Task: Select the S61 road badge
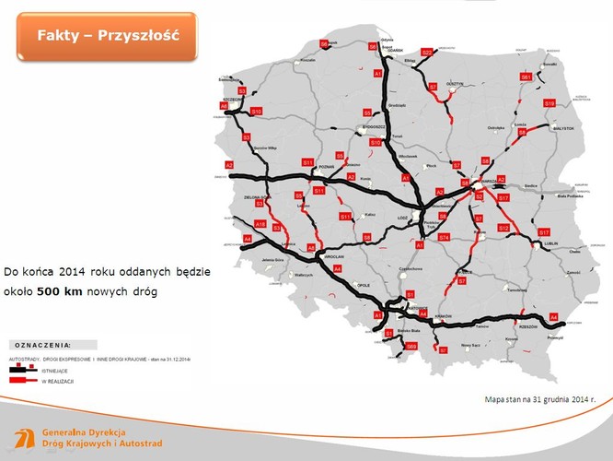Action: point(525,77)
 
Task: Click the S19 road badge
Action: point(549,103)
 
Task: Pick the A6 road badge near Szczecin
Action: point(224,106)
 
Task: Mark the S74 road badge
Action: point(445,237)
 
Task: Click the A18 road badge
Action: point(260,224)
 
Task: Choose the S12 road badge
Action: point(503,227)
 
